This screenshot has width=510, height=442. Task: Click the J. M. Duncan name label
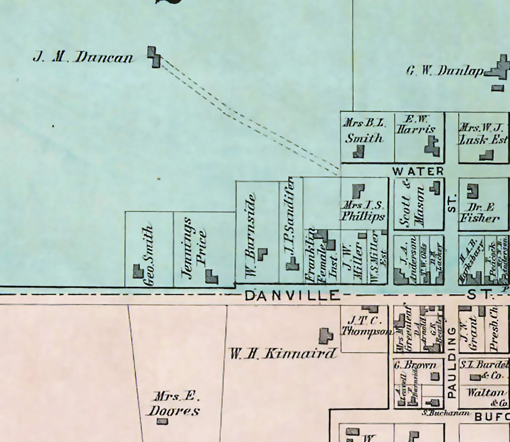83,57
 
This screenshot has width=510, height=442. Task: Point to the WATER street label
418,171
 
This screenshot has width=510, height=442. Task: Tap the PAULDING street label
452,362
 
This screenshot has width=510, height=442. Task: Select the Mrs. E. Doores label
174,404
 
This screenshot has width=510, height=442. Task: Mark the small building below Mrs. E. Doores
162,422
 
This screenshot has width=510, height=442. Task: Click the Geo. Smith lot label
149,255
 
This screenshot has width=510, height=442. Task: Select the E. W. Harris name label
416,124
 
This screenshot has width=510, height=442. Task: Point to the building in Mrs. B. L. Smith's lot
359,152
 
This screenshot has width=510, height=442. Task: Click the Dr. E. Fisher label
479,213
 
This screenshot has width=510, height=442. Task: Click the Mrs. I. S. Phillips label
363,211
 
